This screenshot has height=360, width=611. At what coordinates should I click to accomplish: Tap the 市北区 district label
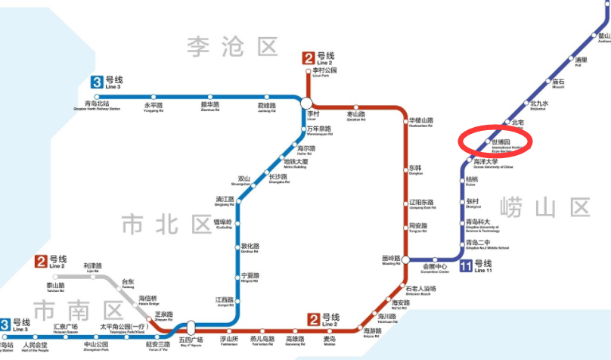167,224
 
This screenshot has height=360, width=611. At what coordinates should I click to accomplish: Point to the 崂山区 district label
545,206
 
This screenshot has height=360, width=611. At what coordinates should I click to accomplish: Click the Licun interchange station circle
306,104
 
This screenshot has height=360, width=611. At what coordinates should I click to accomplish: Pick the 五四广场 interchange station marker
191,327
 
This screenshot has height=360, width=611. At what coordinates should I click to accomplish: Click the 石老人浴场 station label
420,289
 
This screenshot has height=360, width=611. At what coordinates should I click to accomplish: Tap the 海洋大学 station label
488,161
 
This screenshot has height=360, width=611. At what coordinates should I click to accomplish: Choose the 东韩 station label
415,168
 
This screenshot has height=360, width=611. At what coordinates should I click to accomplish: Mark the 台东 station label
128,281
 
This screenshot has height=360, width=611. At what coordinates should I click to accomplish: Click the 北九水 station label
538,104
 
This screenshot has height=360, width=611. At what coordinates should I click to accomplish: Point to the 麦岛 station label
330,340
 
